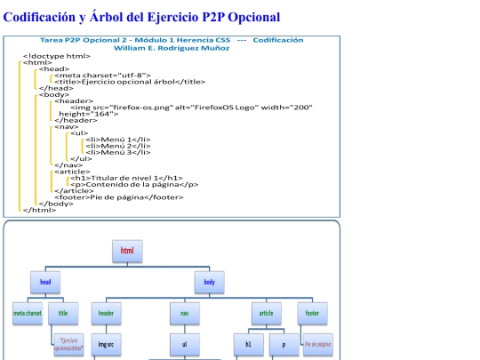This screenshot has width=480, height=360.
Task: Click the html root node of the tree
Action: point(127,252)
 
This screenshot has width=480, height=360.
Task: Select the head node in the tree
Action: point(45,283)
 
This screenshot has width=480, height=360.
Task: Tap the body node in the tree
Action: point(210,283)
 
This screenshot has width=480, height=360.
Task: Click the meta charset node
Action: point(28,314)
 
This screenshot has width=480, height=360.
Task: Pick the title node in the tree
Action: point(63,314)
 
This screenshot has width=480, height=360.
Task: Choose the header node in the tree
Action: point(106,314)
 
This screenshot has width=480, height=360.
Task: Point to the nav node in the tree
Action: point(185,314)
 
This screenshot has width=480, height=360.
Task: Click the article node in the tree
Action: point(266,314)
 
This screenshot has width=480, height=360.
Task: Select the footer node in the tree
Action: point(312,314)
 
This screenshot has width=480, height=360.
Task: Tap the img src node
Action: point(106,344)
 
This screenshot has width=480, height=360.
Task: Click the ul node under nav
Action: point(185,344)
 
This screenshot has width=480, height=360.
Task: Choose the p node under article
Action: point(284,344)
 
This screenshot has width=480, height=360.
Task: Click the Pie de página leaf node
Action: point(317,344)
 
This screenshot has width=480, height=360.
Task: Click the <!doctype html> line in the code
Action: point(56,56)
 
